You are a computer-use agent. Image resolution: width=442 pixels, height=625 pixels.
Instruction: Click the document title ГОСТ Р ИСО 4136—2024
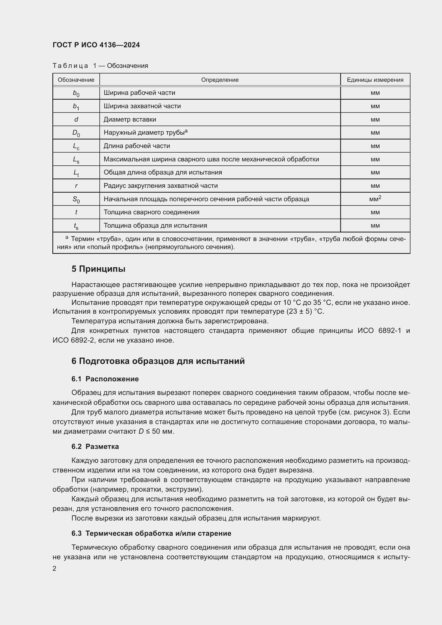(x=96, y=45)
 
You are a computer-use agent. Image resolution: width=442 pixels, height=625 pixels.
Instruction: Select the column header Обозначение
(x=76, y=80)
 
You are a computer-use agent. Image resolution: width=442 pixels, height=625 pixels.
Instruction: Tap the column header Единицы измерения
(x=375, y=80)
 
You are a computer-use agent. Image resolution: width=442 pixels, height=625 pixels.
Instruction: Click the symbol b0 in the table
(x=76, y=93)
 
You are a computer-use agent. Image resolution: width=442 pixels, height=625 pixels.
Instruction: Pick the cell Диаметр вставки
(x=130, y=119)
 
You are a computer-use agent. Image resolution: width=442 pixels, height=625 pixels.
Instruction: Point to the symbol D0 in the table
(x=76, y=133)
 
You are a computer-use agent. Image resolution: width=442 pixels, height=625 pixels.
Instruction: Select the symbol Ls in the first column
(x=76, y=160)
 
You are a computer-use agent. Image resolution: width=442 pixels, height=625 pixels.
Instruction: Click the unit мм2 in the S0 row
(x=375, y=199)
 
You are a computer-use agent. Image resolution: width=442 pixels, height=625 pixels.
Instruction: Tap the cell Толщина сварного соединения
(x=151, y=212)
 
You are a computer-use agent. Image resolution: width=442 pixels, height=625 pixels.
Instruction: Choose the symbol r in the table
(x=76, y=186)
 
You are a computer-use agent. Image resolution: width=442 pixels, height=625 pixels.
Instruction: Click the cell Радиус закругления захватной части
(x=161, y=186)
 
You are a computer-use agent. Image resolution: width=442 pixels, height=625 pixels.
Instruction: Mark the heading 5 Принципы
(x=98, y=269)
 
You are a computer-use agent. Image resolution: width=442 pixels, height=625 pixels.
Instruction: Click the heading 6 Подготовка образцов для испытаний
(x=158, y=361)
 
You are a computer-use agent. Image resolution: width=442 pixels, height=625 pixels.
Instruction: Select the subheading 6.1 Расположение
(x=105, y=379)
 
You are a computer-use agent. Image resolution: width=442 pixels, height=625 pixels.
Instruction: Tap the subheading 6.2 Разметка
(x=95, y=447)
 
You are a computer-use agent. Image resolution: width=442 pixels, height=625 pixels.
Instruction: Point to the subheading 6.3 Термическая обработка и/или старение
(x=151, y=533)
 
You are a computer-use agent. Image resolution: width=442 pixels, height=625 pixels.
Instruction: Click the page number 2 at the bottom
(x=55, y=568)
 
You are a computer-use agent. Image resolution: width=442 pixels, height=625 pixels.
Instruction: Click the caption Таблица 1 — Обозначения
(x=100, y=66)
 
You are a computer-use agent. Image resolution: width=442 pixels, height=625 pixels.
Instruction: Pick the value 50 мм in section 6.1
(x=162, y=432)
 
